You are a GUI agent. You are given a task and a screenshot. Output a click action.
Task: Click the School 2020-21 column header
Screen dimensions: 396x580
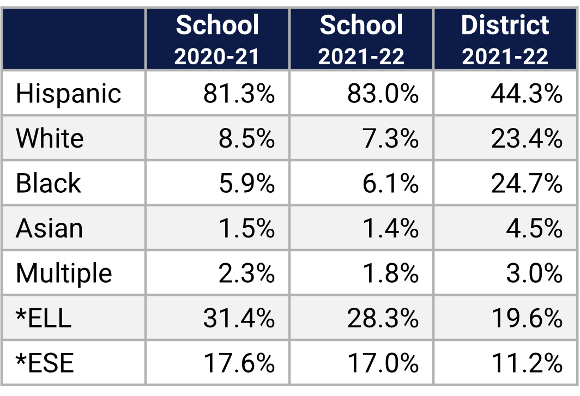tap(217, 39)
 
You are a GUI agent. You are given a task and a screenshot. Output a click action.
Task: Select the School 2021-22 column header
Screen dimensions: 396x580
tap(361, 39)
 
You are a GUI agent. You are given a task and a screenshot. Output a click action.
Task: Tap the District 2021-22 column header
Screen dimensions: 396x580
tap(505, 39)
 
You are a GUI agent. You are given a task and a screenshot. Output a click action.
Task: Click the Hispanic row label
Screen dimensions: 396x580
tap(68, 93)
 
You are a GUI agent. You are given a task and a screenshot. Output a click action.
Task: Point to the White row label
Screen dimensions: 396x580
tap(50, 138)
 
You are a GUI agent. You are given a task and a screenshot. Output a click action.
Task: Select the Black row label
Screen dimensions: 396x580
tap(48, 183)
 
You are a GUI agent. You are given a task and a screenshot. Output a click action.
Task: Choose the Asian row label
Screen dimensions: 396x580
tap(49, 228)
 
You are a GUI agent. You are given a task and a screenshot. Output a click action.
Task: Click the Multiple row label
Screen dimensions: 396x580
tap(64, 273)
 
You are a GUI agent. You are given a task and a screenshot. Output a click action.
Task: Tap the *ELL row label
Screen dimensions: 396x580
tap(44, 318)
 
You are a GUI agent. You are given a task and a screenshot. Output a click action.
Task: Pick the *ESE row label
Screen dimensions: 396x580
tap(45, 363)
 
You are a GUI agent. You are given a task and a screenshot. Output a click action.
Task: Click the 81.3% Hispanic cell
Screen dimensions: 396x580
tap(239, 93)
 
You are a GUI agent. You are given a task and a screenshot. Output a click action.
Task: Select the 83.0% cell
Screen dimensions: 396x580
tap(383, 93)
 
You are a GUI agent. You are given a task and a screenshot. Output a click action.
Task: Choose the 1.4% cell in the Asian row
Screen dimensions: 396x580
tap(390, 228)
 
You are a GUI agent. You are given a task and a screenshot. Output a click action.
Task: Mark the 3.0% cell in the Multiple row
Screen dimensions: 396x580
tap(534, 273)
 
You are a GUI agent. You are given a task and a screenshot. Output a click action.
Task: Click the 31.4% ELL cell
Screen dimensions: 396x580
tap(239, 318)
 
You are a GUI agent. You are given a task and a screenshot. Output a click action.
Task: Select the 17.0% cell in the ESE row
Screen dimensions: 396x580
tap(383, 363)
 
